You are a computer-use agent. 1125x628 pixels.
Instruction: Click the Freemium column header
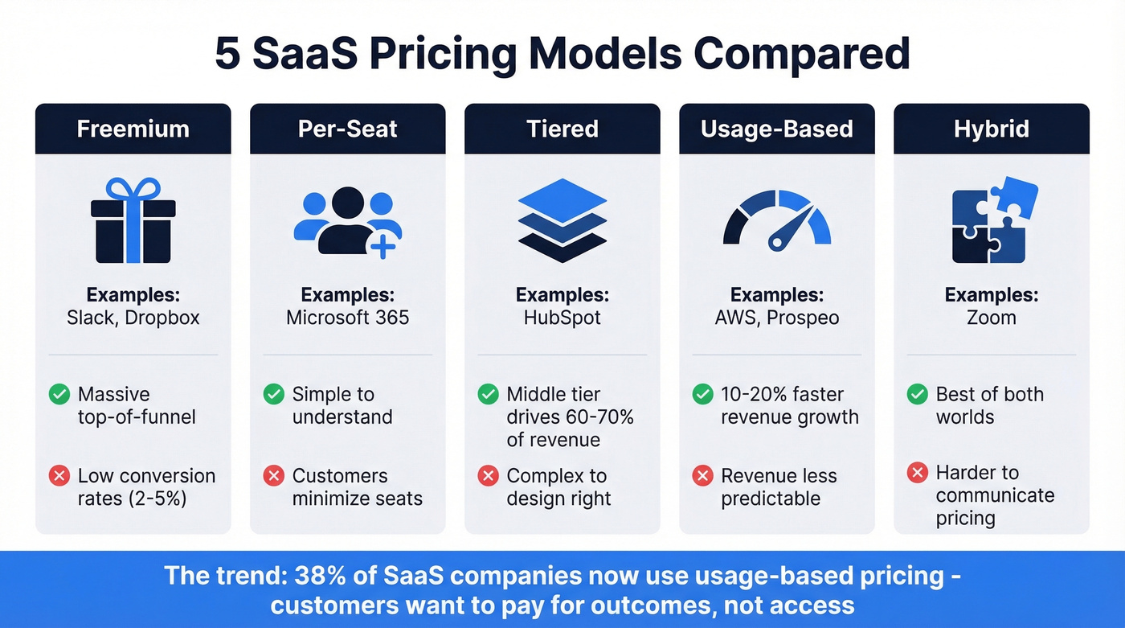[x=133, y=129]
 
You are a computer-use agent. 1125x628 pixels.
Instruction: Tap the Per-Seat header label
[x=347, y=129]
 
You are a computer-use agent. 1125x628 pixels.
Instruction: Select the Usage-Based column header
[x=776, y=129]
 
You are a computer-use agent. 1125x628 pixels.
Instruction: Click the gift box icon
[x=133, y=220]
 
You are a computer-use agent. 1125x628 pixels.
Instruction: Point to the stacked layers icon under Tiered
[x=562, y=220]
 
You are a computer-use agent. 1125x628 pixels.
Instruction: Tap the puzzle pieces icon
[x=993, y=220]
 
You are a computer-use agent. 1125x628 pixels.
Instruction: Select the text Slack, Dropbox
[x=133, y=318]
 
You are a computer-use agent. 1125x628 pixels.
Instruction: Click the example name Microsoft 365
[x=347, y=318]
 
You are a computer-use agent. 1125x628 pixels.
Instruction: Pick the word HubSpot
[x=562, y=318]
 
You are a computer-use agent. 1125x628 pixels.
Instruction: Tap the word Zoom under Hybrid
[x=991, y=318]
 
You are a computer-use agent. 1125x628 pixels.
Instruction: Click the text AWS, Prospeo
[x=776, y=318]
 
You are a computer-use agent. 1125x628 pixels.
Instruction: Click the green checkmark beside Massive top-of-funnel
[x=59, y=394]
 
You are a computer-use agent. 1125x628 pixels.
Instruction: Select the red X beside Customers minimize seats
[x=273, y=476]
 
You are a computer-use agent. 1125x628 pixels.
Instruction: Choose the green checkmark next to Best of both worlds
[x=917, y=394]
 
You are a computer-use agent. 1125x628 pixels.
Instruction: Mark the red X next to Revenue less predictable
[x=702, y=476]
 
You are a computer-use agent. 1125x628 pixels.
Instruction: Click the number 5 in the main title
[x=227, y=54]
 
